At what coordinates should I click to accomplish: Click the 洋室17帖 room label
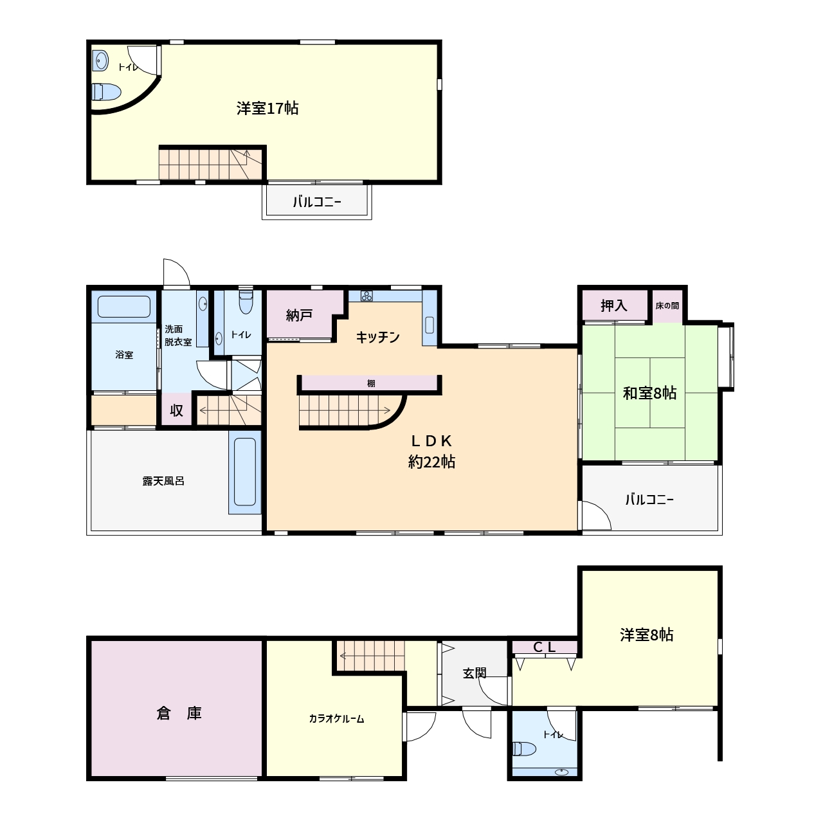tap(267, 109)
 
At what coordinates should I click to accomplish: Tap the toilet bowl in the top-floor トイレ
tap(106, 92)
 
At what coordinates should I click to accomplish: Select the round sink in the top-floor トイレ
tap(100, 61)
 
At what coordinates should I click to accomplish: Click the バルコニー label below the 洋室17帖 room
tap(317, 202)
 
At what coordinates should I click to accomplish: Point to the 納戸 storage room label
tap(299, 316)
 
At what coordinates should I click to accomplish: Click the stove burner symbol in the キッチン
tap(366, 296)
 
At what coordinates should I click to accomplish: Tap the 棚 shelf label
tap(371, 383)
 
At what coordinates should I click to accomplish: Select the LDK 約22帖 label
tap(431, 451)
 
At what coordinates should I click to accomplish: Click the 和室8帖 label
tap(649, 393)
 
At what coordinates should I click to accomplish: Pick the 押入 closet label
tap(614, 305)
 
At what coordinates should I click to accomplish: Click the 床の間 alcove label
tap(667, 306)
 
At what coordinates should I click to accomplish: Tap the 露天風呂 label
tap(163, 482)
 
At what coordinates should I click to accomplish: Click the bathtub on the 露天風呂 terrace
tap(245, 472)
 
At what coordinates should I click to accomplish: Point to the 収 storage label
tap(176, 410)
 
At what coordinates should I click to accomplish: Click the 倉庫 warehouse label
tap(179, 714)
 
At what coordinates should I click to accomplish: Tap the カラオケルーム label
tap(336, 719)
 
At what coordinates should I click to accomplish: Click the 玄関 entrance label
tap(475, 674)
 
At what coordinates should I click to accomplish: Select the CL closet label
tap(545, 647)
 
